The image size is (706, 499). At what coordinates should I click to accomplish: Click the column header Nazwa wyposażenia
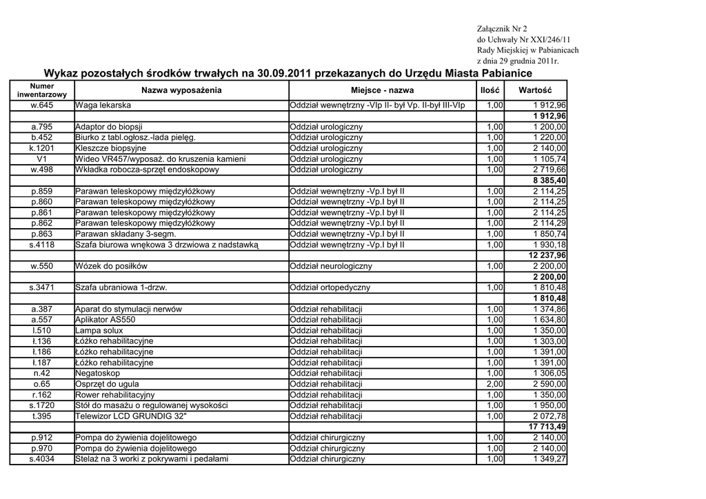[181, 90]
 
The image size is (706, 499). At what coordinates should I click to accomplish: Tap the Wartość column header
[535, 90]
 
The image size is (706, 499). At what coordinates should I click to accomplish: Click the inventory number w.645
[42, 105]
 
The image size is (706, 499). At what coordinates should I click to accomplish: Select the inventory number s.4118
[42, 245]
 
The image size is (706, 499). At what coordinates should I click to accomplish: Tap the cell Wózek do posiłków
[111, 266]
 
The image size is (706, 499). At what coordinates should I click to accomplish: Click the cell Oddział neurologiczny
[331, 266]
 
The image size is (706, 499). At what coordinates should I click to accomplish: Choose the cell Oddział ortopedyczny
[330, 287]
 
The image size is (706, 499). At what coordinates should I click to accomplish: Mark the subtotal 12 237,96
[547, 256]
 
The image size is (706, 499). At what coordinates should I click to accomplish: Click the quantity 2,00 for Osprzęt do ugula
[494, 384]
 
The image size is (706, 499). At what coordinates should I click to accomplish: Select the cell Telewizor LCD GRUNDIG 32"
[131, 416]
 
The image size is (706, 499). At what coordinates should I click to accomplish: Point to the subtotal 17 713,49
[547, 427]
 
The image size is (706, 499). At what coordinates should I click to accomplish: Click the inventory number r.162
[42, 395]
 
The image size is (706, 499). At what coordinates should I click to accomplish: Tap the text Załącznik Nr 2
[501, 29]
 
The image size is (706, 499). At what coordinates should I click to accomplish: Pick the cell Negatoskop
[98, 374]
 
